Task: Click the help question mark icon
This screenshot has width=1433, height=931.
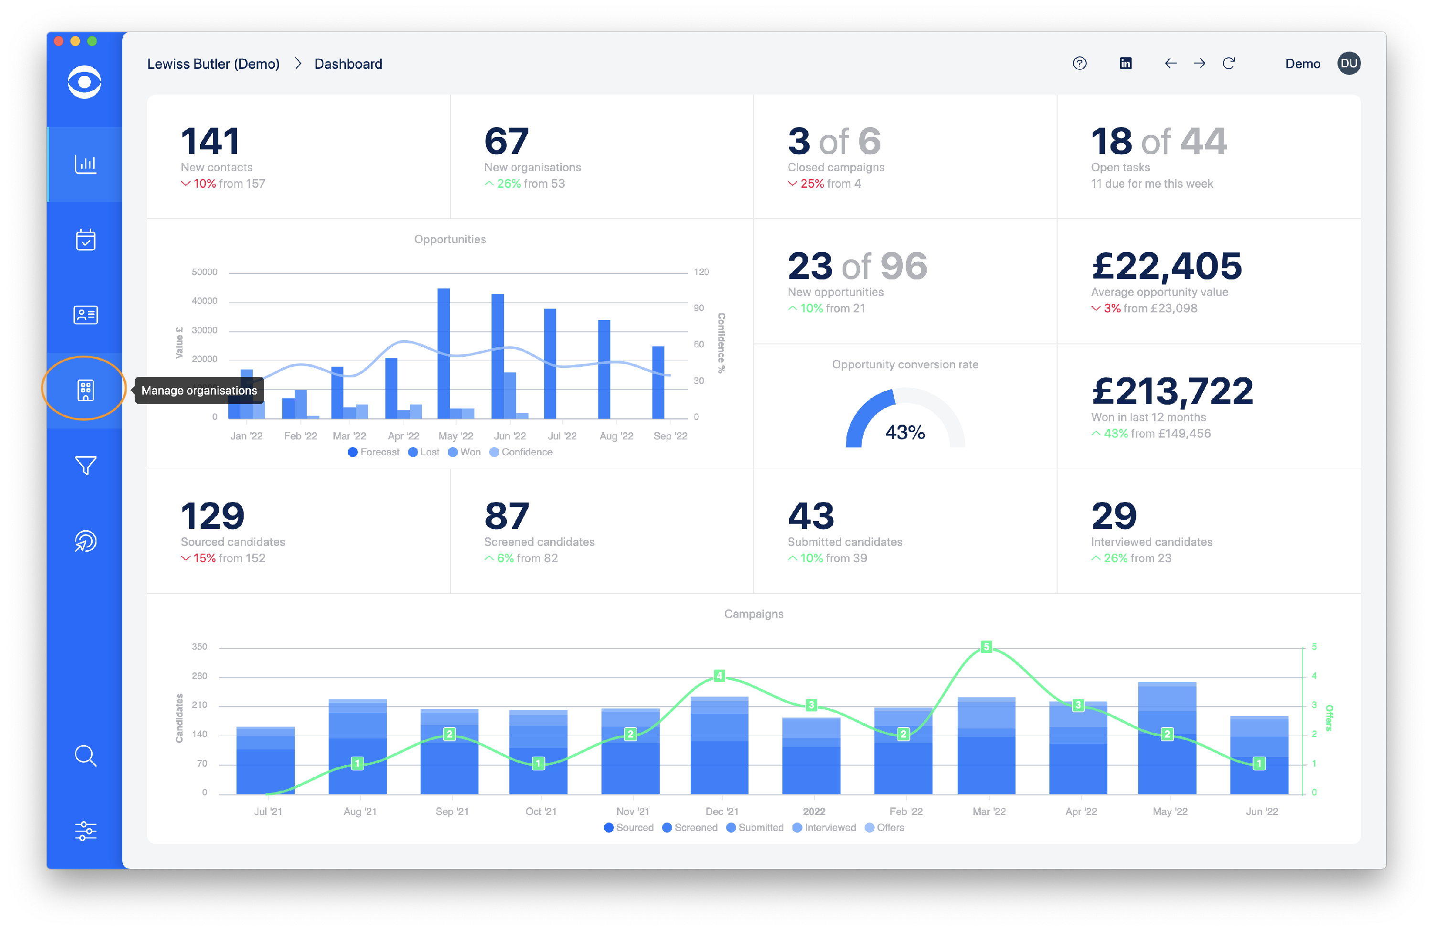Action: [1079, 63]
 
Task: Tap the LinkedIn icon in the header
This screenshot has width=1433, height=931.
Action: [1125, 63]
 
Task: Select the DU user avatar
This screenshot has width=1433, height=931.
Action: [1349, 63]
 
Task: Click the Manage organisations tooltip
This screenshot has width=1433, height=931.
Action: [199, 390]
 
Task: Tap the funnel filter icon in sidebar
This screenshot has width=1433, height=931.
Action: [85, 465]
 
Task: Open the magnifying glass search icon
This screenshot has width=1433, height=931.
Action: [85, 755]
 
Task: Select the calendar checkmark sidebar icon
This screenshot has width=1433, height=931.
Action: [85, 240]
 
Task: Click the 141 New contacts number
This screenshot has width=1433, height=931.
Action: [211, 141]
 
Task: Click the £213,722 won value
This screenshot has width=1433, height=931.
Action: [1172, 391]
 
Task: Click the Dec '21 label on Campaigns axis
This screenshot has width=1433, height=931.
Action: [721, 811]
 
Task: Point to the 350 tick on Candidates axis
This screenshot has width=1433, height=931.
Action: [199, 647]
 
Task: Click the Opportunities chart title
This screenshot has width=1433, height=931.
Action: [450, 239]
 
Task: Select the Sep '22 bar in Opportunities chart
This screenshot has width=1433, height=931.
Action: [658, 383]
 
